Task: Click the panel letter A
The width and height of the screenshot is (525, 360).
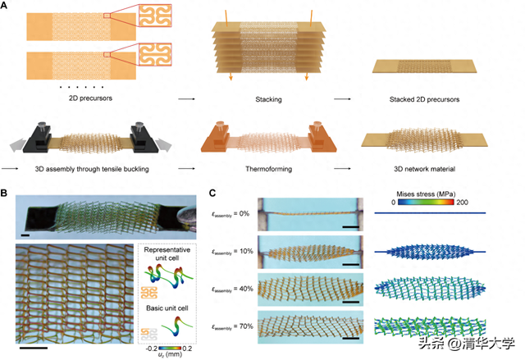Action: point(6,6)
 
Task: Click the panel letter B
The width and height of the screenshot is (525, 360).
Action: point(6,194)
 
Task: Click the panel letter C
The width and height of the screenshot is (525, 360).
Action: point(214,194)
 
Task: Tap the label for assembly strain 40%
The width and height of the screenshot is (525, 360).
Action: point(232,289)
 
